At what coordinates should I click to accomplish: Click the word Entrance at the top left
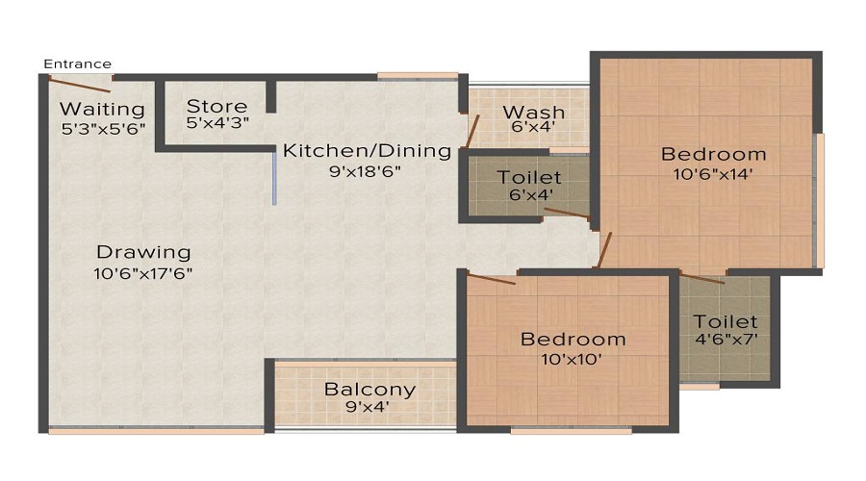click(78, 63)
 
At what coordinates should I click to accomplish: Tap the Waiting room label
click(102, 109)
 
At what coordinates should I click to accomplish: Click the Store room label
click(216, 106)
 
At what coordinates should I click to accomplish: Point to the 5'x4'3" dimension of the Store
click(216, 124)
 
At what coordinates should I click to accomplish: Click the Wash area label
click(534, 113)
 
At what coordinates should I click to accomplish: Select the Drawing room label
click(143, 252)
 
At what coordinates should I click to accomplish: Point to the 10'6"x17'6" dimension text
click(144, 273)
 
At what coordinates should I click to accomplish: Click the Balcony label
click(369, 390)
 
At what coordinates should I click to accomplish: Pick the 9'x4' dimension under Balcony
click(369, 408)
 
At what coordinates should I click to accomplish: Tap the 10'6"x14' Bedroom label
click(713, 154)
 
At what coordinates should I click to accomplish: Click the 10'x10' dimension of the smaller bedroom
click(573, 360)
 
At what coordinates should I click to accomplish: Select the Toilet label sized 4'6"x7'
click(726, 321)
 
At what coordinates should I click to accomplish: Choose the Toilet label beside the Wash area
click(529, 177)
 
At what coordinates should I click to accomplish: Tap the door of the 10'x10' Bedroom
click(491, 279)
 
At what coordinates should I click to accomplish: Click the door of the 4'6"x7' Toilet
click(702, 278)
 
